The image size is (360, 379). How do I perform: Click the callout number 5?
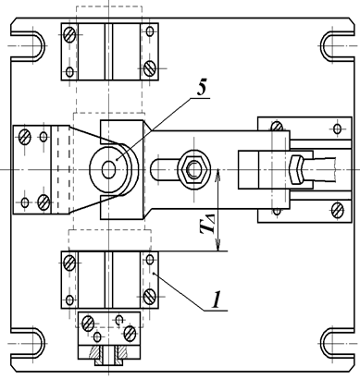point(201,89)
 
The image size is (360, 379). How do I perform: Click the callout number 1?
point(217,300)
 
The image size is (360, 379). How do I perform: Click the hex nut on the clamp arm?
point(193,169)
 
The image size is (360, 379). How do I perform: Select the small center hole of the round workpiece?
point(108,170)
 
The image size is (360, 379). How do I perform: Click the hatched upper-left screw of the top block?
point(69,34)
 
